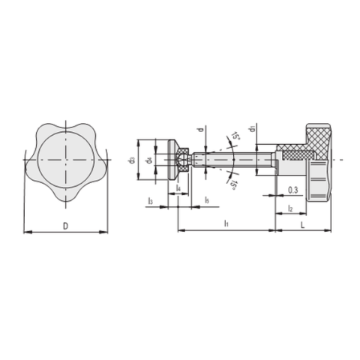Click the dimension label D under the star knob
coord(65,224)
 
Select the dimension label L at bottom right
coord(301,224)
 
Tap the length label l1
coord(226,224)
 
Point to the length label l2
coord(289,208)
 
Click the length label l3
coord(151,200)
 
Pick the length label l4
coord(178,187)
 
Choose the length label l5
coord(207,200)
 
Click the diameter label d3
coord(132,160)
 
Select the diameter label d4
coord(148,160)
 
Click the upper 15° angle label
coord(235,137)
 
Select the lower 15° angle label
coord(233,184)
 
